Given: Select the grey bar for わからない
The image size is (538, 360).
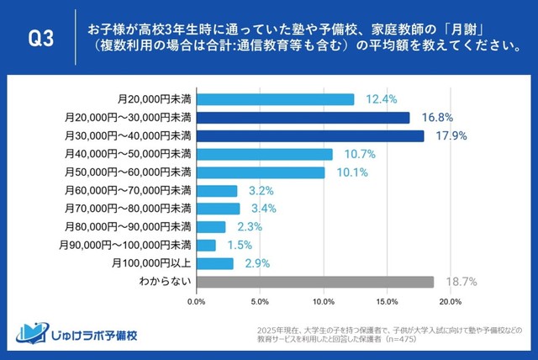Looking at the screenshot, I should (315, 283).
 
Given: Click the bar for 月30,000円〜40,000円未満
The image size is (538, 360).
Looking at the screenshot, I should (310, 135).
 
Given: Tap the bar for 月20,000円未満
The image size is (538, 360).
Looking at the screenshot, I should (275, 99).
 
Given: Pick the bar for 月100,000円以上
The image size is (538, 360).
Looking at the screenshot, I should (214, 264).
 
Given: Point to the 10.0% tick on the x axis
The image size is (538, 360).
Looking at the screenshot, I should (324, 301).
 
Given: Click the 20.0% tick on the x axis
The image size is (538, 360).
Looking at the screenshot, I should (451, 301).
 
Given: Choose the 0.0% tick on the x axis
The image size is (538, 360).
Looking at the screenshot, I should (196, 301).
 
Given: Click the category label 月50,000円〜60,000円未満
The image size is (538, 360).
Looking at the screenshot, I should (129, 172).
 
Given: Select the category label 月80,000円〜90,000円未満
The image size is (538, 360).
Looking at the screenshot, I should (129, 227).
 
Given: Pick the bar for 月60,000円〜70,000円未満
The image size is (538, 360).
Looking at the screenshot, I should (216, 191).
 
